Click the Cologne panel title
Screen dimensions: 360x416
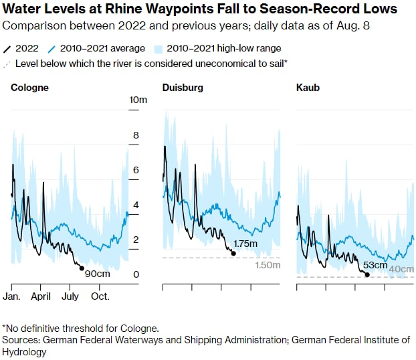pyautogui.click(x=29, y=88)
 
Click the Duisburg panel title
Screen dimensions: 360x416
pyautogui.click(x=183, y=88)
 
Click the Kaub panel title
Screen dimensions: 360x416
pyautogui.click(x=307, y=88)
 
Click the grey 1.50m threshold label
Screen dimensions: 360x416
pyautogui.click(x=268, y=266)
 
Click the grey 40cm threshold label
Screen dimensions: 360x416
pyautogui.click(x=401, y=269)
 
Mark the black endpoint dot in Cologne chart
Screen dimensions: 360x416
pyautogui.click(x=82, y=268)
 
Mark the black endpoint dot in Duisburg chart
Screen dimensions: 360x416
pyautogui.click(x=233, y=253)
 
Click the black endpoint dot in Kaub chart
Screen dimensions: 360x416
pyautogui.click(x=367, y=274)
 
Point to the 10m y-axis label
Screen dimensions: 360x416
pyautogui.click(x=138, y=100)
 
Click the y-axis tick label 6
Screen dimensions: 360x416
pyautogui.click(x=136, y=170)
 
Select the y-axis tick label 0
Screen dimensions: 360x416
pyautogui.click(x=136, y=274)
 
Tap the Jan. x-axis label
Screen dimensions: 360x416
pyautogui.click(x=12, y=296)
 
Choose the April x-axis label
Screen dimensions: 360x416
pyautogui.click(x=41, y=296)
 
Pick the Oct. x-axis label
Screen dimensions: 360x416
pyautogui.click(x=100, y=296)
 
